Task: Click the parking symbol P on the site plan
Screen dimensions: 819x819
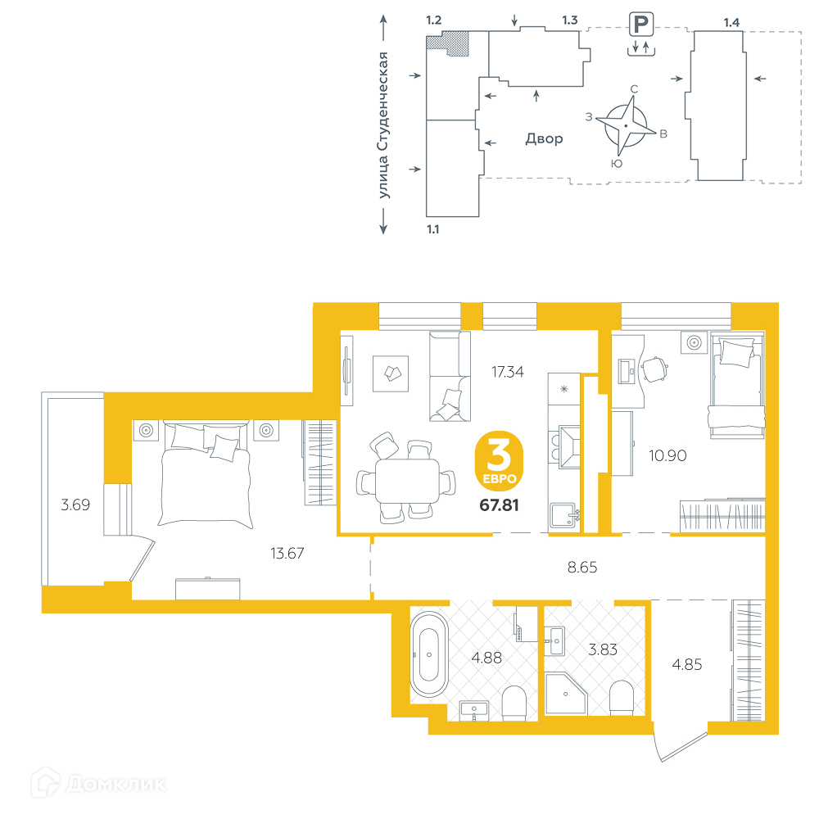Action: (641, 25)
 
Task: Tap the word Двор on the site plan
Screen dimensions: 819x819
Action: (544, 139)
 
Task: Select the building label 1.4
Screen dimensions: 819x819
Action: (731, 22)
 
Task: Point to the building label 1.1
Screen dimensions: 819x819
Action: (433, 229)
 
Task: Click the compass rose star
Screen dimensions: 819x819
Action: (626, 126)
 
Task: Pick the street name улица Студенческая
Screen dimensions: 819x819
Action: (383, 124)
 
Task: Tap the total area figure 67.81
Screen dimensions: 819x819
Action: (499, 505)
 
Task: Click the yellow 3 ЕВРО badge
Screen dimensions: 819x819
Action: (499, 460)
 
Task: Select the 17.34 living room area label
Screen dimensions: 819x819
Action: (507, 372)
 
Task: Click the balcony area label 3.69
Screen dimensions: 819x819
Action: (75, 505)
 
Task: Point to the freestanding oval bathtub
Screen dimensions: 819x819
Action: (429, 654)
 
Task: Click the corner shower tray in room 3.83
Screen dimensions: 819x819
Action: (566, 694)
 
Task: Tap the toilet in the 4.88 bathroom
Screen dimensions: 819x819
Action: (514, 703)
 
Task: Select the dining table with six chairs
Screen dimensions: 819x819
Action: (406, 478)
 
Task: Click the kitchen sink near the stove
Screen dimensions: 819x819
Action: (563, 514)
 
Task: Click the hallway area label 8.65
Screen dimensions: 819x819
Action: (581, 568)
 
